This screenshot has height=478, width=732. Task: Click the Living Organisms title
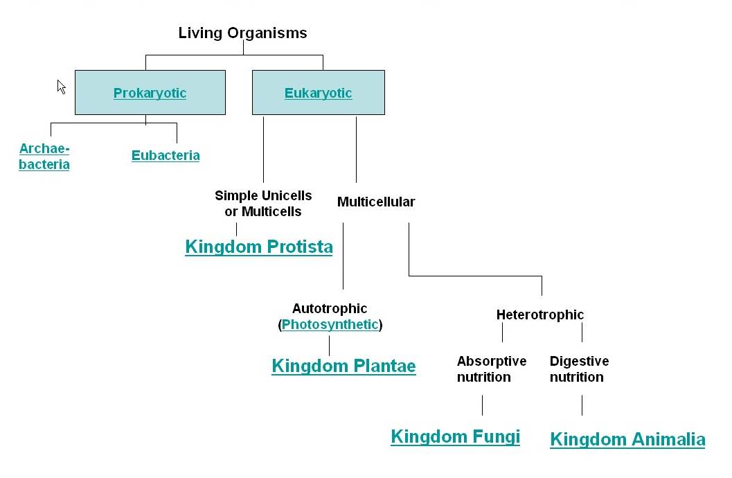[242, 33]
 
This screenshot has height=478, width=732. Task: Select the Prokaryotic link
[150, 93]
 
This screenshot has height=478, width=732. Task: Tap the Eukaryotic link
[318, 93]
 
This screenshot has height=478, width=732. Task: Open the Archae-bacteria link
[44, 157]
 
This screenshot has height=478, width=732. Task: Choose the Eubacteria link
[166, 155]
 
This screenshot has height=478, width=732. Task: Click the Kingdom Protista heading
[259, 247]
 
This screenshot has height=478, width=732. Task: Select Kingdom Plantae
[343, 366]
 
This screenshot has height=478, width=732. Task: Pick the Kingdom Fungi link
[455, 436]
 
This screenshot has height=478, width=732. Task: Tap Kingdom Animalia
[627, 439]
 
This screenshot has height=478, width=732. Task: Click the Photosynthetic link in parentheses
[330, 324]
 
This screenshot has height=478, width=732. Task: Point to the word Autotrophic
[330, 308]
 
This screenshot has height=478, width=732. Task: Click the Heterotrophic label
[540, 315]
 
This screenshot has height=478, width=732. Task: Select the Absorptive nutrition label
[491, 369]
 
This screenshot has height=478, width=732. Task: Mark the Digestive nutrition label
[579, 369]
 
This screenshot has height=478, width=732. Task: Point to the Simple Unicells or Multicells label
[263, 204]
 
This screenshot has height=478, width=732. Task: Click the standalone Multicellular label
[376, 202]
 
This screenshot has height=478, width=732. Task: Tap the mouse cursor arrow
[61, 87]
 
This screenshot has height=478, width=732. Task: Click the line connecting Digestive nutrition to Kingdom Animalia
[582, 405]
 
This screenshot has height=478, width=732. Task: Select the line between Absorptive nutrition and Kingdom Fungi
[482, 405]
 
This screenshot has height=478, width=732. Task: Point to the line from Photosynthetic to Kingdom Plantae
[329, 345]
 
